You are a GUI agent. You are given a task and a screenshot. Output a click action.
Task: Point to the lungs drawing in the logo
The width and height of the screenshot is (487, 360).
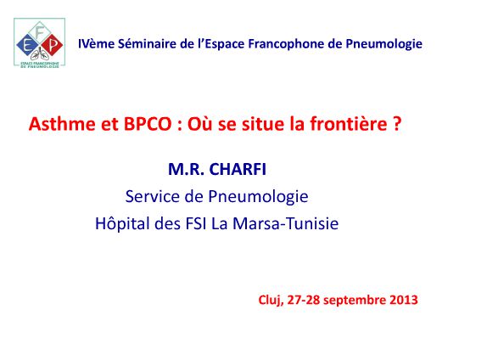point(39,55)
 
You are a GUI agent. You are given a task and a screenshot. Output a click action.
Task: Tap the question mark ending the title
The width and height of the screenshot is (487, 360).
point(396,124)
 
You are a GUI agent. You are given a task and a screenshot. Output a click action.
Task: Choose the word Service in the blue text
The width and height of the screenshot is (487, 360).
point(154,196)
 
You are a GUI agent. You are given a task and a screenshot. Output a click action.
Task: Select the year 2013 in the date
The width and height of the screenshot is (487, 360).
point(402,300)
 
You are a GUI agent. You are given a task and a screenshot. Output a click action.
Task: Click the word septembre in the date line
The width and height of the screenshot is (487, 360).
point(351,300)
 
